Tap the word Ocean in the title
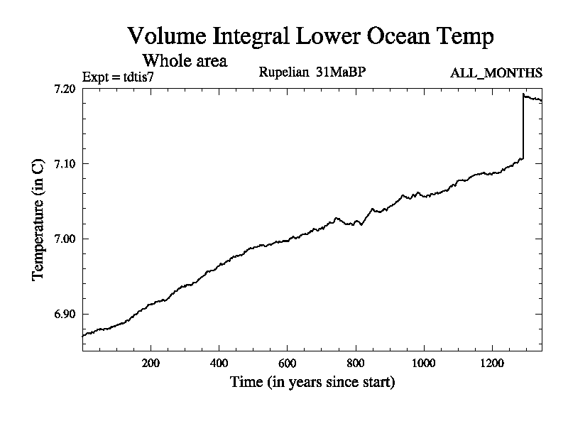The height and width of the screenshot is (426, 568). [x=395, y=35]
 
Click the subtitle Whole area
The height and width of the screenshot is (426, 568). [x=185, y=60]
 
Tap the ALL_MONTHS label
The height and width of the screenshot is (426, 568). [x=496, y=73]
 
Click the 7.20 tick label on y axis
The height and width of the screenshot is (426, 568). [x=64, y=89]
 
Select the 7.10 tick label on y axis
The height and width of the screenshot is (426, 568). [x=64, y=164]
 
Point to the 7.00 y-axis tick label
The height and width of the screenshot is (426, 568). [x=64, y=239]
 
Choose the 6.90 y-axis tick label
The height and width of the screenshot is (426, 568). [x=64, y=314]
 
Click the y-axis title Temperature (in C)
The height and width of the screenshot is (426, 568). [x=39, y=219]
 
